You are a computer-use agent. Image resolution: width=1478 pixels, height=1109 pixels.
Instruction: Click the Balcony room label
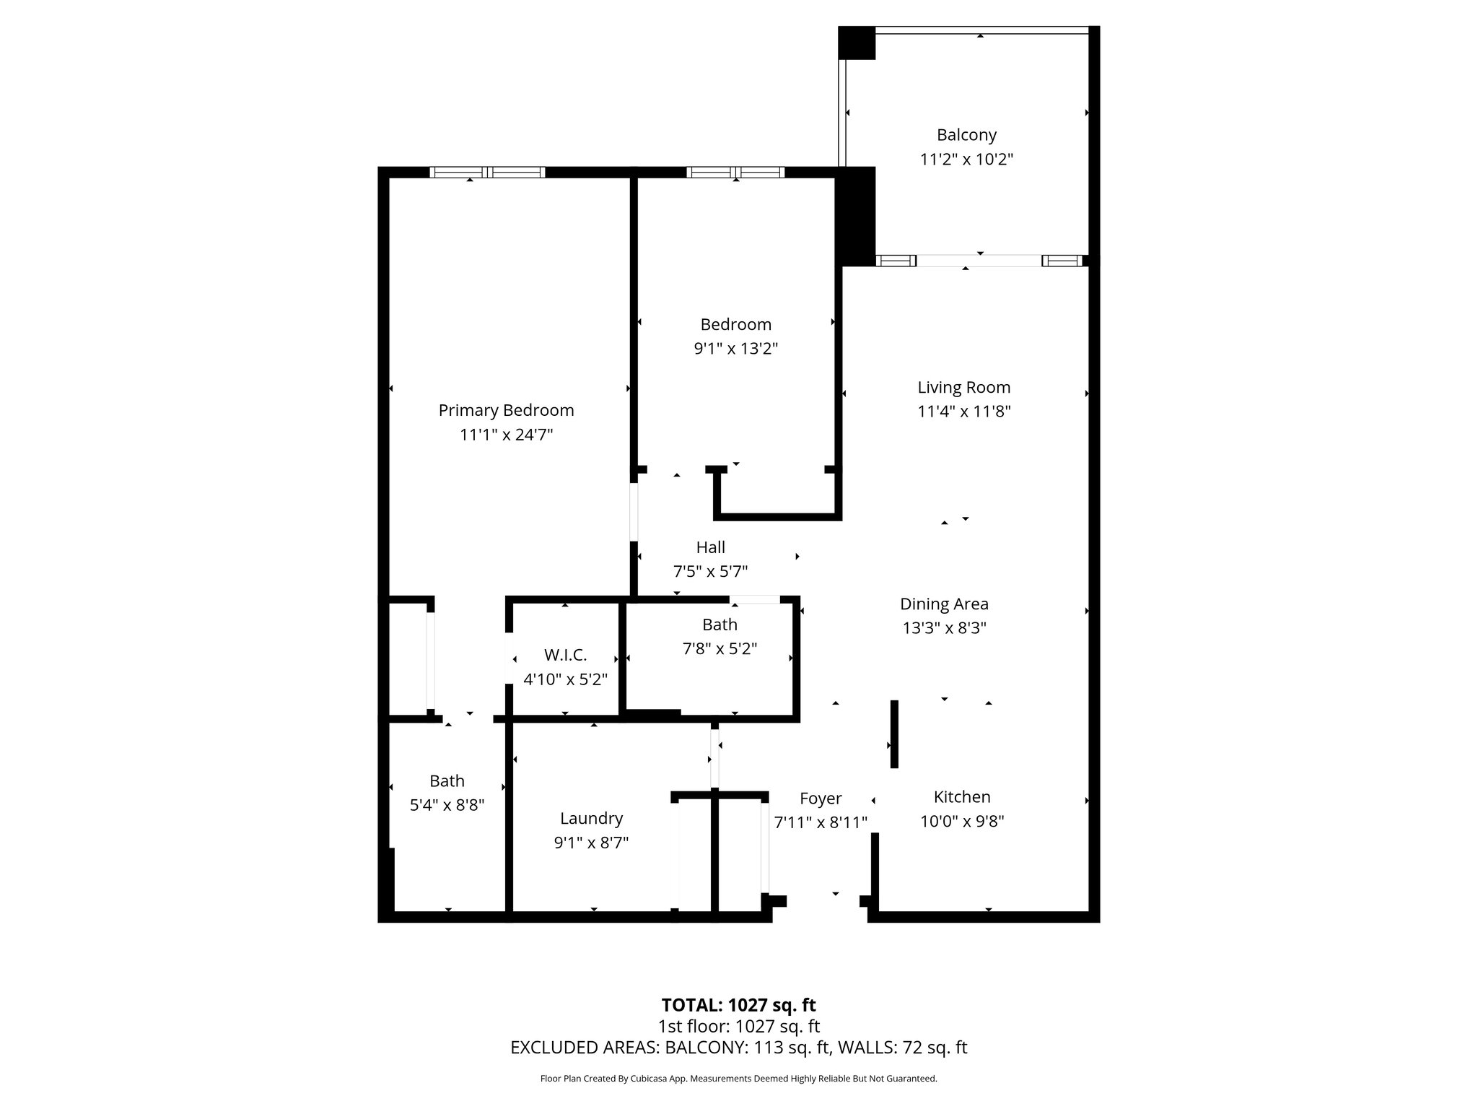pos(966,135)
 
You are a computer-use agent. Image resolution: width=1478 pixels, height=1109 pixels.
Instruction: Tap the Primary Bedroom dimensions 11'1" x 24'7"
pos(506,435)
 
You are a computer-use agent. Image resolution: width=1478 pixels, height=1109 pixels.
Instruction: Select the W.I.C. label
pos(565,655)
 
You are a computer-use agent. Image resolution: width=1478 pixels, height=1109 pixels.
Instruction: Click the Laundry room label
pos(591,818)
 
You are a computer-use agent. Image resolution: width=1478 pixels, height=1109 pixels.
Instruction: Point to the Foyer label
pos(821,799)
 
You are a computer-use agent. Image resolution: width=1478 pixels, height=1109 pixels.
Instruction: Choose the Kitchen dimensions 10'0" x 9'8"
pos(962,821)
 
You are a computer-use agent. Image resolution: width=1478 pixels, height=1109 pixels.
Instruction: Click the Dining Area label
pos(944,604)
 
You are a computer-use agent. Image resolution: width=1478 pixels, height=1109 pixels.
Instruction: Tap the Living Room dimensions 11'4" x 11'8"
pos(963,412)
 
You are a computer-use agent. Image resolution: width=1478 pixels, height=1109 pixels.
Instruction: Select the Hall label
pos(710,547)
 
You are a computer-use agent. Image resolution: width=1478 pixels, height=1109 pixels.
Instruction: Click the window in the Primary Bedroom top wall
pos(487,172)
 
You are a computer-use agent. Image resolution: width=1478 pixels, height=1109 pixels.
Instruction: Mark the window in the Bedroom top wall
pos(735,172)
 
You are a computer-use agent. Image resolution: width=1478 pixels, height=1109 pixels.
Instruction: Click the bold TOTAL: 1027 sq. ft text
pos(738,1005)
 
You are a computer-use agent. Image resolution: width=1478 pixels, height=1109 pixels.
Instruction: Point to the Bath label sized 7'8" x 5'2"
pos(720,625)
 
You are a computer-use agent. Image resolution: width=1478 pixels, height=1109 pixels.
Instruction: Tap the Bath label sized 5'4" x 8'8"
pos(447,780)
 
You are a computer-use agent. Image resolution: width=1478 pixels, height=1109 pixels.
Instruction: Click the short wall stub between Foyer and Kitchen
pos(894,734)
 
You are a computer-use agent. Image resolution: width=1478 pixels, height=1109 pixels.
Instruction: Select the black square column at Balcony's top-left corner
pos(857,43)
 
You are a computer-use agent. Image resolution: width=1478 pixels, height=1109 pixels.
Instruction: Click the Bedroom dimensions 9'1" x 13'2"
pos(735,349)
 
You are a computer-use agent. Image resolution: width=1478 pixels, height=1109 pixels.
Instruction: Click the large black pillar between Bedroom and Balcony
pos(855,217)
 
